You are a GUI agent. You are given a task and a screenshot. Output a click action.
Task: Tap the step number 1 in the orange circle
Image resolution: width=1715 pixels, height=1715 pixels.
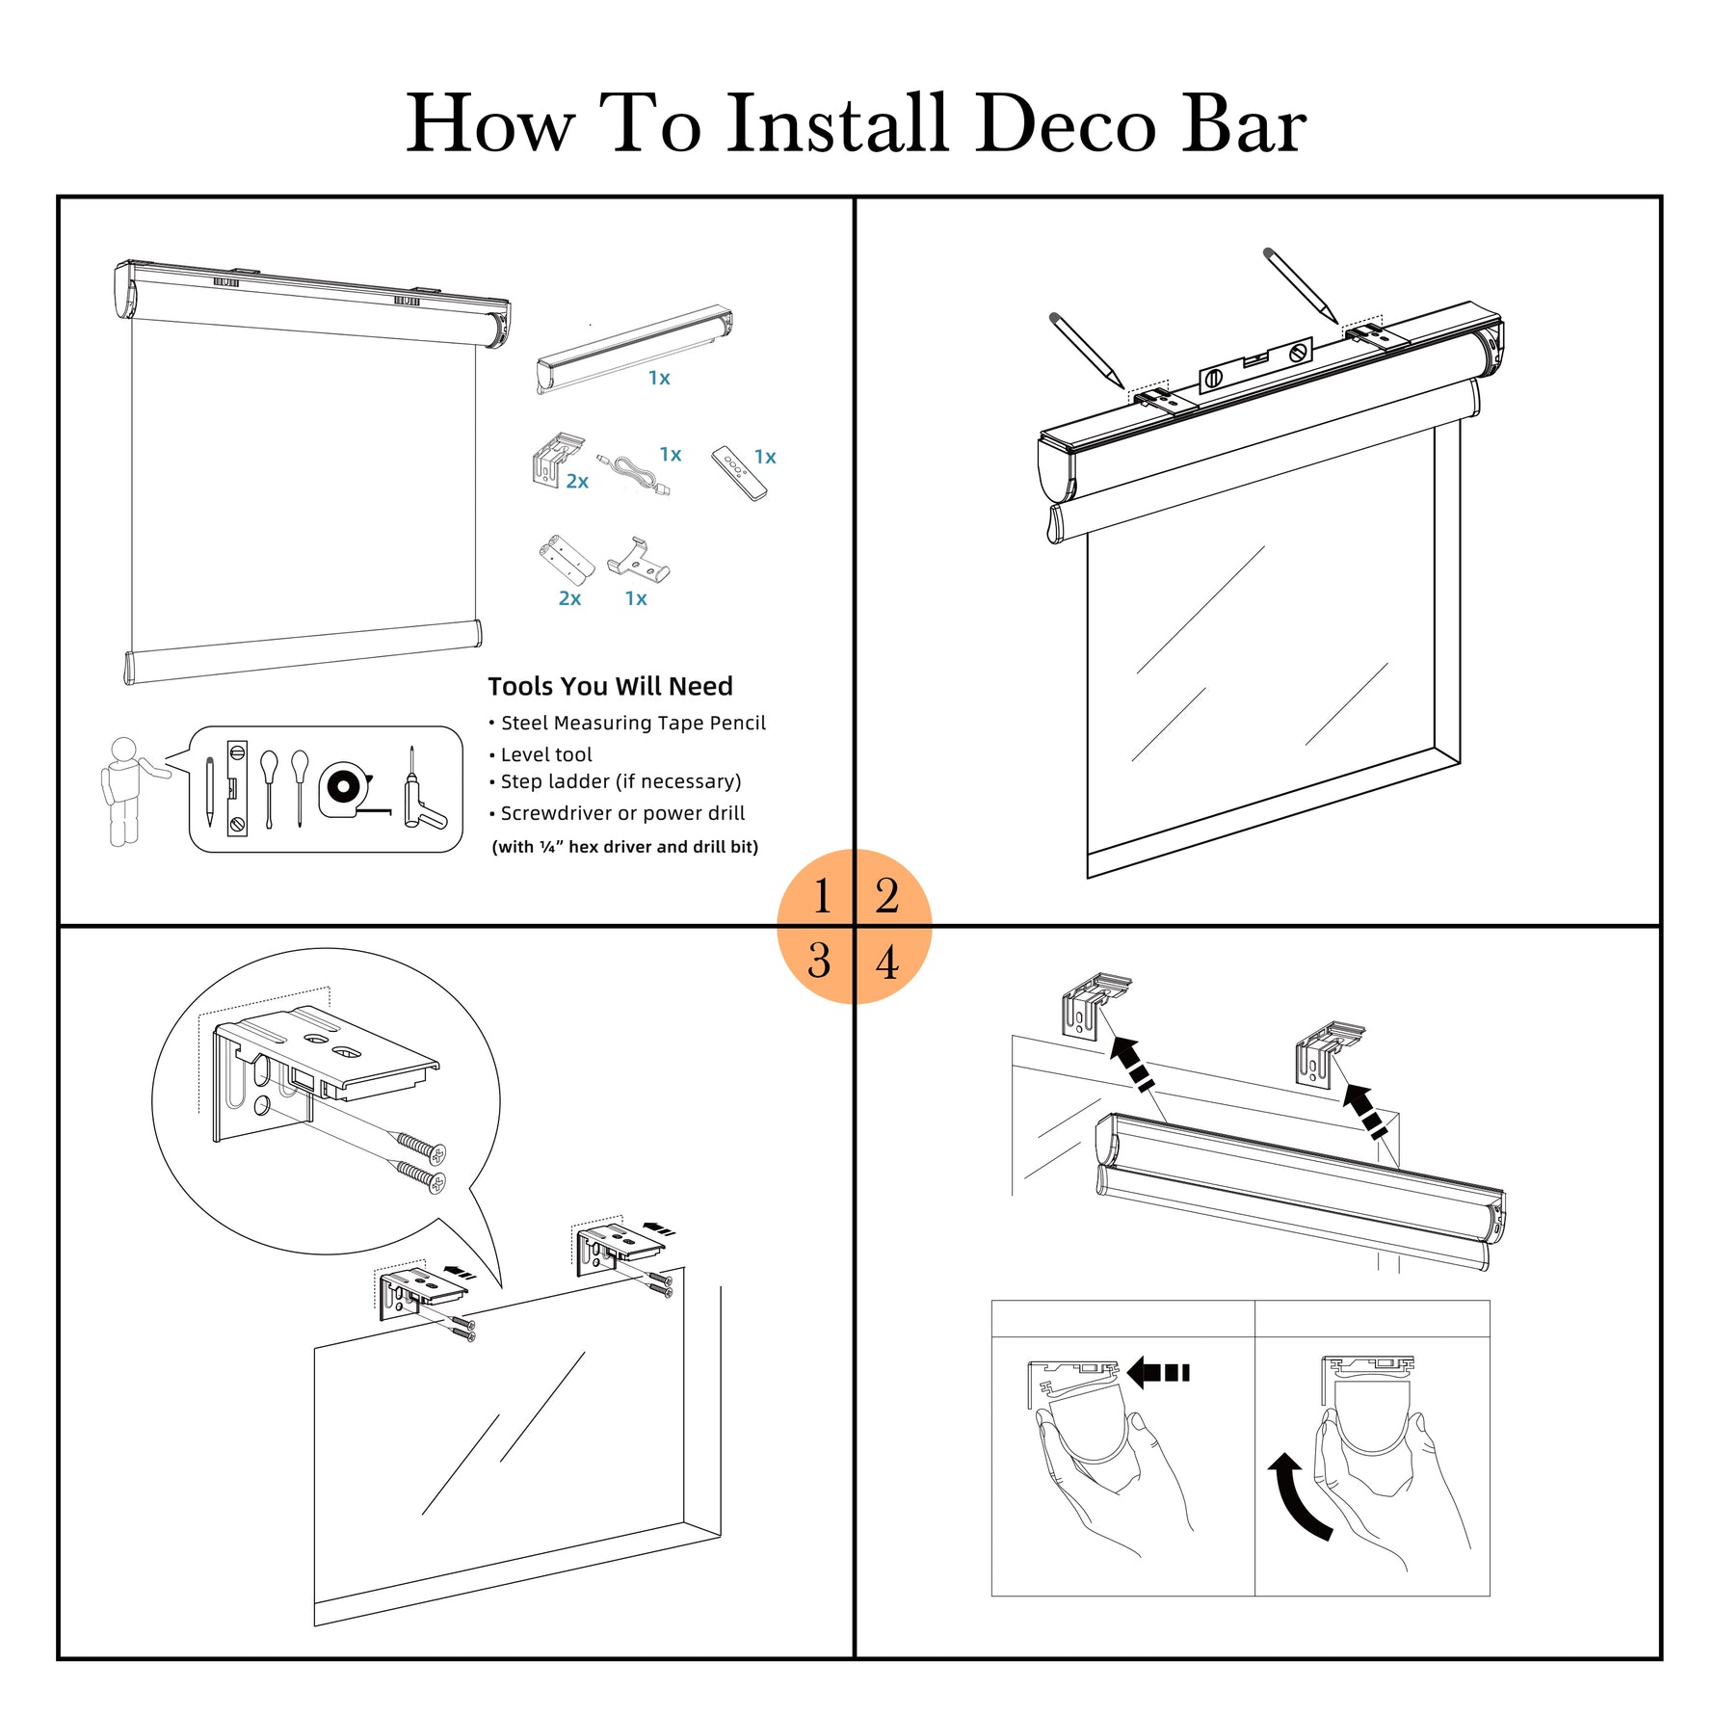point(822,896)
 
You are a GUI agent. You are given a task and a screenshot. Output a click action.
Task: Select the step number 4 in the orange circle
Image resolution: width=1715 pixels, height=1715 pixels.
point(886,963)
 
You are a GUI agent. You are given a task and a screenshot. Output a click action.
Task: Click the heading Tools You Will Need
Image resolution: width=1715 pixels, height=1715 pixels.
point(610,686)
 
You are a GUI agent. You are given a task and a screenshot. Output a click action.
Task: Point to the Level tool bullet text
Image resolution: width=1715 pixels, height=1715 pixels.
point(546,754)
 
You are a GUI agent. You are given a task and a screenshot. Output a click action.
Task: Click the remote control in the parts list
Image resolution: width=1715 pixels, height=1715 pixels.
point(739,473)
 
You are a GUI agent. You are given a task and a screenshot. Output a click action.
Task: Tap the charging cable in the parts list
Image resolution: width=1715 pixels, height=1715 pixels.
point(633,475)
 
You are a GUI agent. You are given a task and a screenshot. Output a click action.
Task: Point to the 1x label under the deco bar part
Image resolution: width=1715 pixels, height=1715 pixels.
point(659,378)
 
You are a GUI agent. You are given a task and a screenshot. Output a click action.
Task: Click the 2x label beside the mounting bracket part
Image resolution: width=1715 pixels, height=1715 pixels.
point(577,482)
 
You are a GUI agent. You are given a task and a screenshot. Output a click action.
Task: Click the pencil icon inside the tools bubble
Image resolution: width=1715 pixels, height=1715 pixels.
point(209,791)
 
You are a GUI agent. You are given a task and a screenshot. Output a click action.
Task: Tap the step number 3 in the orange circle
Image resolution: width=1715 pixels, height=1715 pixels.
point(820,962)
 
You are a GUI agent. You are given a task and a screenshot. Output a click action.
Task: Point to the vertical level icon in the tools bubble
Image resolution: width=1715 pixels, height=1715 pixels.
point(237,788)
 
